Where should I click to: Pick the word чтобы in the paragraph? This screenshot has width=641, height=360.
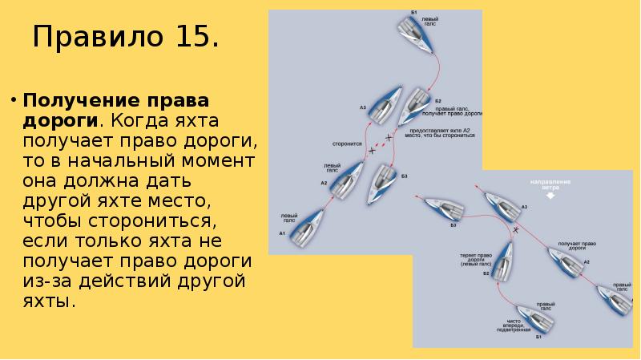(54, 221)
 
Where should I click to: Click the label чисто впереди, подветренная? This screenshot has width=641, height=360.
(514, 325)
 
